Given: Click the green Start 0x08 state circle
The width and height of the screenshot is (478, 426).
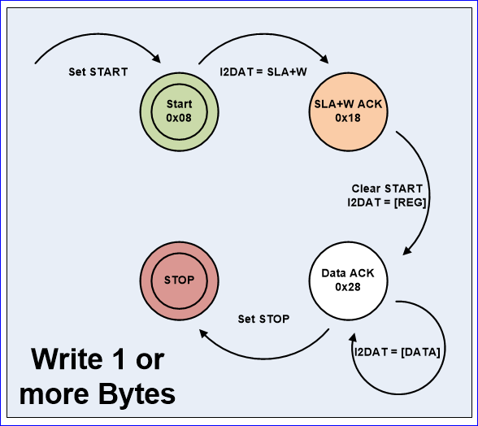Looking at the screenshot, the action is (179, 112).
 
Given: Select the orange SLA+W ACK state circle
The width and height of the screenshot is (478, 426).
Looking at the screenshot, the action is (348, 112).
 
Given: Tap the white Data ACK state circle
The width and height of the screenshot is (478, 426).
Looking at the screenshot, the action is (348, 280).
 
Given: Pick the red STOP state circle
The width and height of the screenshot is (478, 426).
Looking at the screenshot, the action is (179, 280).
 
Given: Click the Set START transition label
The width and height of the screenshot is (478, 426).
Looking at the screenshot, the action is (98, 72).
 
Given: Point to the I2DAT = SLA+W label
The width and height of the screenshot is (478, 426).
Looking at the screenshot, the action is (263, 72).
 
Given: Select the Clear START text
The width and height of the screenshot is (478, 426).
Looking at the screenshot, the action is (387, 189).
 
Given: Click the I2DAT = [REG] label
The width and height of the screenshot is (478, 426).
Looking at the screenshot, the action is (387, 202).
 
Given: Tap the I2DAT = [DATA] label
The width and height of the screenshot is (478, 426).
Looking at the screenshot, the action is (398, 352).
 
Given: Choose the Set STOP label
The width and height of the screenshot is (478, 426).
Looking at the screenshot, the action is (263, 319).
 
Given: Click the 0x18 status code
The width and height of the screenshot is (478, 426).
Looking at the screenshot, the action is (348, 118).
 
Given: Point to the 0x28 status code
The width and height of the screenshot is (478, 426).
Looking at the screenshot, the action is (348, 287).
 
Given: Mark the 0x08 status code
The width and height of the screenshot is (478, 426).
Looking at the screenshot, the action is (179, 118).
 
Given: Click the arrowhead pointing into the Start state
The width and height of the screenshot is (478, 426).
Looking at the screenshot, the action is (157, 59).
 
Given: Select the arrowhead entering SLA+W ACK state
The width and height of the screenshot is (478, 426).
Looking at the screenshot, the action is (324, 59).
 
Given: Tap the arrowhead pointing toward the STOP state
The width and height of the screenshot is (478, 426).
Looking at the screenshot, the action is (203, 333).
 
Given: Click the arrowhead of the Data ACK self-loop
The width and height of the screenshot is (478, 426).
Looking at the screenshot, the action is (353, 337).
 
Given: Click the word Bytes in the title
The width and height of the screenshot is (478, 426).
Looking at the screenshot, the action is (137, 395).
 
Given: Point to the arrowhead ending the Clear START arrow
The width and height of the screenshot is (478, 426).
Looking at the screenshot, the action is (407, 250).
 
